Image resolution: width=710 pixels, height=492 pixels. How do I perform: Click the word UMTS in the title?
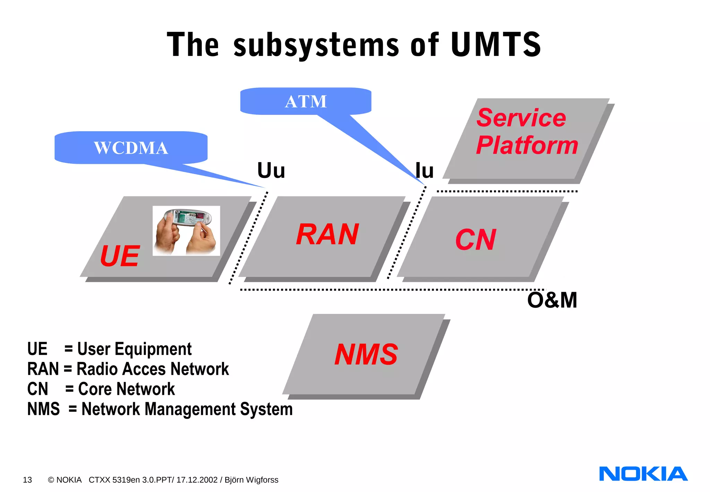pyautogui.click(x=496, y=44)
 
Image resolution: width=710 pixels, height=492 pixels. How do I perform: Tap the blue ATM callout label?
pyautogui.click(x=306, y=102)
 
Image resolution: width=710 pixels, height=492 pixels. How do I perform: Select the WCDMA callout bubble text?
pyautogui.click(x=131, y=148)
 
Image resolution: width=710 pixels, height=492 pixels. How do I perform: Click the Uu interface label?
pyautogui.click(x=271, y=171)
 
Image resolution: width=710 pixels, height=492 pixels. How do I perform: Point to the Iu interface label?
pyautogui.click(x=425, y=171)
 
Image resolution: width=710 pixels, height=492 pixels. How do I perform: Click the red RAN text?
pyautogui.click(x=327, y=235)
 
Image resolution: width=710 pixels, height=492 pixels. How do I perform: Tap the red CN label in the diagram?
pyautogui.click(x=476, y=240)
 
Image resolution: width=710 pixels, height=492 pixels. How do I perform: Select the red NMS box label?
pyautogui.click(x=366, y=355)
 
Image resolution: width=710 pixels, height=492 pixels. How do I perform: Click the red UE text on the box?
pyautogui.click(x=120, y=256)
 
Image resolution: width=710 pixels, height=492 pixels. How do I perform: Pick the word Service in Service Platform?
pyautogui.click(x=521, y=118)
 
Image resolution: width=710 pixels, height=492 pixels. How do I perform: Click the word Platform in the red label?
pyautogui.click(x=527, y=145)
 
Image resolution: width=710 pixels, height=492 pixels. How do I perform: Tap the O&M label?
pyautogui.click(x=552, y=300)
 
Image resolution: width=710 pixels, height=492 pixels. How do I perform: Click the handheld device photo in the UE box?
pyautogui.click(x=186, y=231)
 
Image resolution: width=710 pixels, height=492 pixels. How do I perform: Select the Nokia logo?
pyautogui.click(x=643, y=474)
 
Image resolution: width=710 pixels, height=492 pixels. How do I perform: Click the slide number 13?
pyautogui.click(x=27, y=480)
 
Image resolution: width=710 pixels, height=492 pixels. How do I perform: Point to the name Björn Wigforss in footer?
pyautogui.click(x=251, y=480)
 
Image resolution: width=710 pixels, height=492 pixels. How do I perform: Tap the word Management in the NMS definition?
pyautogui.click(x=190, y=409)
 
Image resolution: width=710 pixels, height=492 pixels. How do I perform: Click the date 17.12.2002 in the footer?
pyautogui.click(x=197, y=480)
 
